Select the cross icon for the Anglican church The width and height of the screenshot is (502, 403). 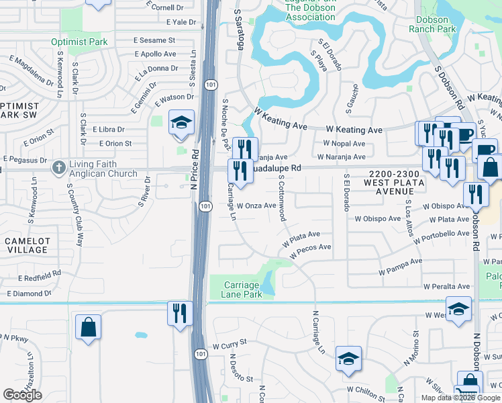(58, 166)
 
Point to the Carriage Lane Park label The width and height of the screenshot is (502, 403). (242, 289)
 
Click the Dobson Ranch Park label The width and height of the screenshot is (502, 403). (432, 24)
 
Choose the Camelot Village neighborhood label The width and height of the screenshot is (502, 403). (27, 244)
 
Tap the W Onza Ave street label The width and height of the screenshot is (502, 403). (256, 206)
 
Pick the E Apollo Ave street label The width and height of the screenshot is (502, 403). (155, 54)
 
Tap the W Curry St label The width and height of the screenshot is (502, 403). (230, 345)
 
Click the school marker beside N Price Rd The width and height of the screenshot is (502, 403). (181, 124)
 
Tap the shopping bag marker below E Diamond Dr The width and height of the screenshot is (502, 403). (89, 328)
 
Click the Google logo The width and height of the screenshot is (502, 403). (22, 395)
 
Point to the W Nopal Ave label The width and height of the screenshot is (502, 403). (344, 144)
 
